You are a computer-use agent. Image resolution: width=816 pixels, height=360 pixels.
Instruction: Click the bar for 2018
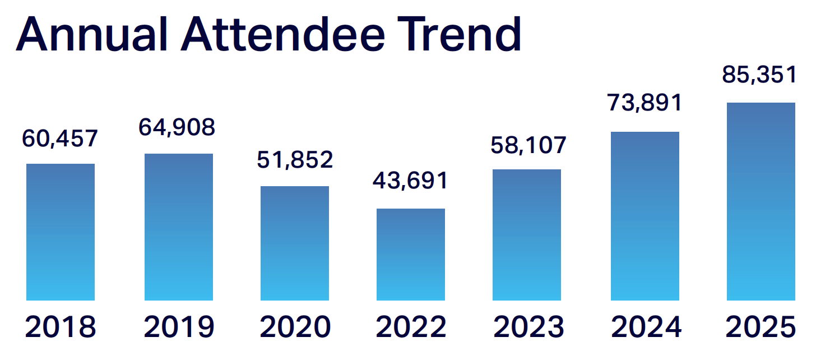coord(61,232)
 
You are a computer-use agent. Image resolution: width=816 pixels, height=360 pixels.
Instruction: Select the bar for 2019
coord(179,227)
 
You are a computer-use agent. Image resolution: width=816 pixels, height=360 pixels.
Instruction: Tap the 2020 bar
coord(295,243)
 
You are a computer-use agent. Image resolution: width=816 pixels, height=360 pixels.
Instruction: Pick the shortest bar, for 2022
coord(411,255)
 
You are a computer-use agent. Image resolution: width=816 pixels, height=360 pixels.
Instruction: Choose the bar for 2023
coord(527,235)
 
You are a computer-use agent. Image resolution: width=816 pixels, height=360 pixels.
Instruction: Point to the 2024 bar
coord(645,216)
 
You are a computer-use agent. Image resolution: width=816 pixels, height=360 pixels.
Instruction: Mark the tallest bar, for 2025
coord(761,202)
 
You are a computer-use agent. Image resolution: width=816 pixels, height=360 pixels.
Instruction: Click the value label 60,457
coord(61,138)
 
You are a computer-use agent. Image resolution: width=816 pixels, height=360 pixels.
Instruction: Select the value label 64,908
coord(177,127)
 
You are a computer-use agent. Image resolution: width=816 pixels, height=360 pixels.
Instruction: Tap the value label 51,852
coord(295,160)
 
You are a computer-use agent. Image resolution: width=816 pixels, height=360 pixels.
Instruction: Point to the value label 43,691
coord(411,181)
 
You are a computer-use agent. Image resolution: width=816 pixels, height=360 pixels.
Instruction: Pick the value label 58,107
coord(528,145)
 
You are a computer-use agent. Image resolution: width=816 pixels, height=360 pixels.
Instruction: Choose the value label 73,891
coord(645,103)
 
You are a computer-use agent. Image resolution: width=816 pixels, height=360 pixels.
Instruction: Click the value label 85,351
coord(759,75)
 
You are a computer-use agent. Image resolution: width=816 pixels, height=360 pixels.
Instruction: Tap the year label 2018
coord(61,327)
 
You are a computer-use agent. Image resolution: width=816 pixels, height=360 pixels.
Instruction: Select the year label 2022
coord(411,327)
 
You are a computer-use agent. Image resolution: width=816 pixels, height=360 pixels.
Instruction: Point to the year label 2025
coord(761,327)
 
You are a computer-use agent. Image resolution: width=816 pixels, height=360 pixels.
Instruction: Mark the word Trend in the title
coord(458,35)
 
